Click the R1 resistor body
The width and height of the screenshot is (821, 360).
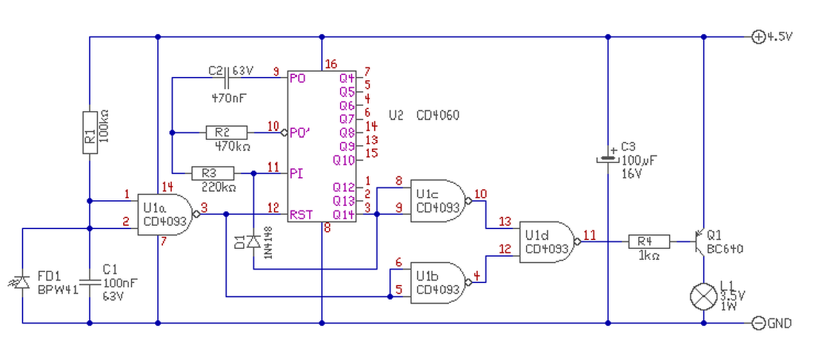[90, 133]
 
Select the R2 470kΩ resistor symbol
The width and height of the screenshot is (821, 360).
[226, 133]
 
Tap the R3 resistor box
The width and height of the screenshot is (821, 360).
[212, 173]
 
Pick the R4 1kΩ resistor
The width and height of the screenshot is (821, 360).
[649, 242]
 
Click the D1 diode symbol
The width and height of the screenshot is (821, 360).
[253, 241]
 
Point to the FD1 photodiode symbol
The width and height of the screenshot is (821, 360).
[21, 282]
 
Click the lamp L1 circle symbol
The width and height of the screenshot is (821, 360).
[704, 296]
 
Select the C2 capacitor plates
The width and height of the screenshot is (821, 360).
[226, 78]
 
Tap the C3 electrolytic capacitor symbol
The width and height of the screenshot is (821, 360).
[608, 158]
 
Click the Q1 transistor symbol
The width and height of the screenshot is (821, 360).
[700, 242]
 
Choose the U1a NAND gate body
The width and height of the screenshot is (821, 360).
[165, 214]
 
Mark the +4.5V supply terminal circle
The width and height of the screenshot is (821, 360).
[758, 37]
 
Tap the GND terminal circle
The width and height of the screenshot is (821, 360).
[758, 323]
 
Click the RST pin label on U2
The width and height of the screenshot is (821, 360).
[301, 215]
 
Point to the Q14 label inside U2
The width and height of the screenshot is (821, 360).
[343, 215]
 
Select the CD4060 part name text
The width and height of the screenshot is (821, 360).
[437, 116]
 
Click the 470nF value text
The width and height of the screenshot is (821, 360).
[229, 98]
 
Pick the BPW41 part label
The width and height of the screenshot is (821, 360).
[58, 290]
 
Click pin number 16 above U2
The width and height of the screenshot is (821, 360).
[331, 64]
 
